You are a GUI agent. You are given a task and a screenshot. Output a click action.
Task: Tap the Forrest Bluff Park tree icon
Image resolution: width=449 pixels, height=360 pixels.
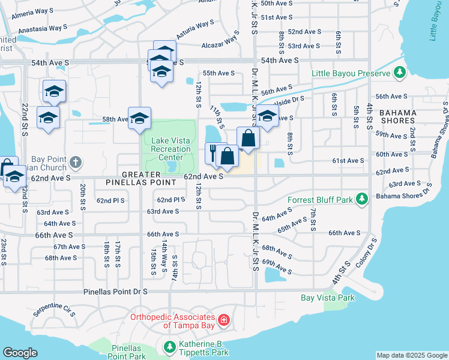[361, 199]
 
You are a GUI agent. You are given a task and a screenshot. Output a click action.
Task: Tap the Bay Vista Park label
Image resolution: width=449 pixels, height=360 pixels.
[327, 298]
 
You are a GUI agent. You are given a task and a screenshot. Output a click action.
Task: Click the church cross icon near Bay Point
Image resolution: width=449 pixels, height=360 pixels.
[76, 162]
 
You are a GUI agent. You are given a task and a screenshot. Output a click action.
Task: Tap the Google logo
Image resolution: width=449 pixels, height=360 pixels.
[20, 353]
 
